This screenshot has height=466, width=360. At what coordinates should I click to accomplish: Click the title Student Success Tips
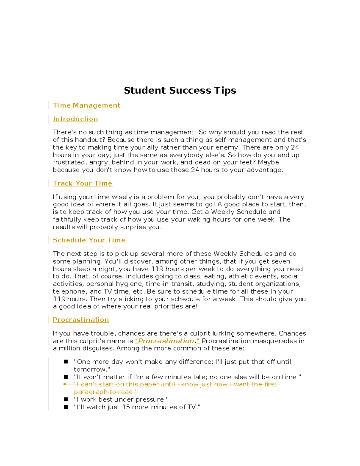[x=180, y=90]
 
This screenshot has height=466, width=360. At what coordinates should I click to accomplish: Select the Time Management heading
[x=86, y=105]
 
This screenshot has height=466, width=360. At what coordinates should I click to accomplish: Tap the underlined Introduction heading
[x=75, y=119]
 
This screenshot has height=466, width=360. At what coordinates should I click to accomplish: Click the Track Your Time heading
[x=82, y=183]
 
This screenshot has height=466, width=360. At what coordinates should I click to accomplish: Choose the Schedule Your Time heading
[x=89, y=240]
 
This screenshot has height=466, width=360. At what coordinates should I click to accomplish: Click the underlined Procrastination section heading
[x=81, y=320]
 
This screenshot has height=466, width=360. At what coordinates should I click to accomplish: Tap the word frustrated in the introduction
[x=69, y=162]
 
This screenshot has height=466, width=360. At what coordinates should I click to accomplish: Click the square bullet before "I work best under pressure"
[x=66, y=399]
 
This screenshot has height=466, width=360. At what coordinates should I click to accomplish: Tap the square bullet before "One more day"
[x=66, y=362]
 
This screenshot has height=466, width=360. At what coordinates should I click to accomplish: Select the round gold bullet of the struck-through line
[x=64, y=384]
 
